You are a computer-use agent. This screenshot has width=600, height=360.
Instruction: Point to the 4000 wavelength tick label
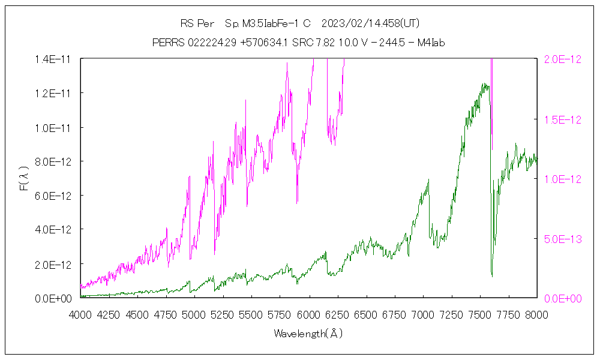click(x=80, y=314)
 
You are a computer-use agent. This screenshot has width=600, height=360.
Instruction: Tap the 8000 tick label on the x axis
click(x=536, y=314)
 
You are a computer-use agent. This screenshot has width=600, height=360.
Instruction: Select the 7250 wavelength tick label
click(x=451, y=314)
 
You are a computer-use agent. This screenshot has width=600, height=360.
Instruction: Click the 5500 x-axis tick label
click(x=251, y=314)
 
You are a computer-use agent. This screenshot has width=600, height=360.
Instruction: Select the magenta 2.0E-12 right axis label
click(x=562, y=59)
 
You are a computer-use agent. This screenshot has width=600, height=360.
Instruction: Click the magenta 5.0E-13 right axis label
click(x=562, y=238)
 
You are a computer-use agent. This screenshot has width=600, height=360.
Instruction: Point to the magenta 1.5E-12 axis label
click(x=562, y=119)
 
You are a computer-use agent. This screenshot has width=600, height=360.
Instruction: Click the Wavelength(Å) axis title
click(x=308, y=333)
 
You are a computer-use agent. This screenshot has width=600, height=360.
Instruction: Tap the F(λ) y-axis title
click(x=25, y=178)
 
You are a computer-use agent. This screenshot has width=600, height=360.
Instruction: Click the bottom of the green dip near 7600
click(x=492, y=276)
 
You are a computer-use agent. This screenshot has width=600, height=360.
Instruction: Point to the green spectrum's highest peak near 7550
click(x=484, y=84)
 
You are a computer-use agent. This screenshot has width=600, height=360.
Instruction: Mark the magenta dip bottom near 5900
click(x=297, y=203)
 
